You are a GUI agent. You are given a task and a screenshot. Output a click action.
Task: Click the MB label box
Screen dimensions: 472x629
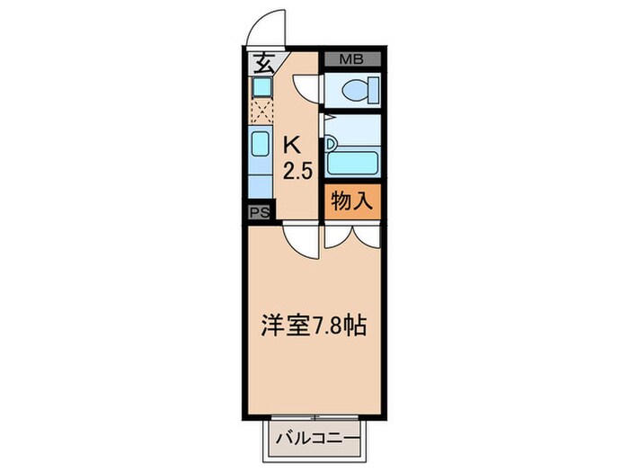351,60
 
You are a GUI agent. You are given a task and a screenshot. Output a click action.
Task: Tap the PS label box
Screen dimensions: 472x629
259,212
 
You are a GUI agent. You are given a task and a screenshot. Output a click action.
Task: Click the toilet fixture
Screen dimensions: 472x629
357,89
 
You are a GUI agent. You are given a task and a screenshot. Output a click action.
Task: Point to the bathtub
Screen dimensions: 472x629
352,164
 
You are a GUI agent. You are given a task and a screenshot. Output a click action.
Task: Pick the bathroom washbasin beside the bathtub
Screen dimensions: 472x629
331,142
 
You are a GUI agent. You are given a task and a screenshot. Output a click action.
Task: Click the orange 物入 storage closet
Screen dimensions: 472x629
352,202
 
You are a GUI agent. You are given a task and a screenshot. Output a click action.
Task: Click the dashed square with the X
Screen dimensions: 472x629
261,111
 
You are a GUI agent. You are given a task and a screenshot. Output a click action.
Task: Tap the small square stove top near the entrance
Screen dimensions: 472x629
261,87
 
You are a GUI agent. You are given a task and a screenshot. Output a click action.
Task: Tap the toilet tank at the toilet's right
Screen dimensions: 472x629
373,89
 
